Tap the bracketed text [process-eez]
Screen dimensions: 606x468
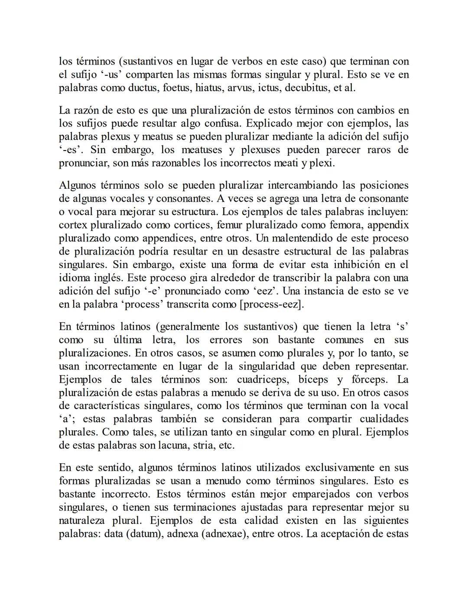click(x=272, y=304)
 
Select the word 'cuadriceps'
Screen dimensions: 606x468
click(x=262, y=379)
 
